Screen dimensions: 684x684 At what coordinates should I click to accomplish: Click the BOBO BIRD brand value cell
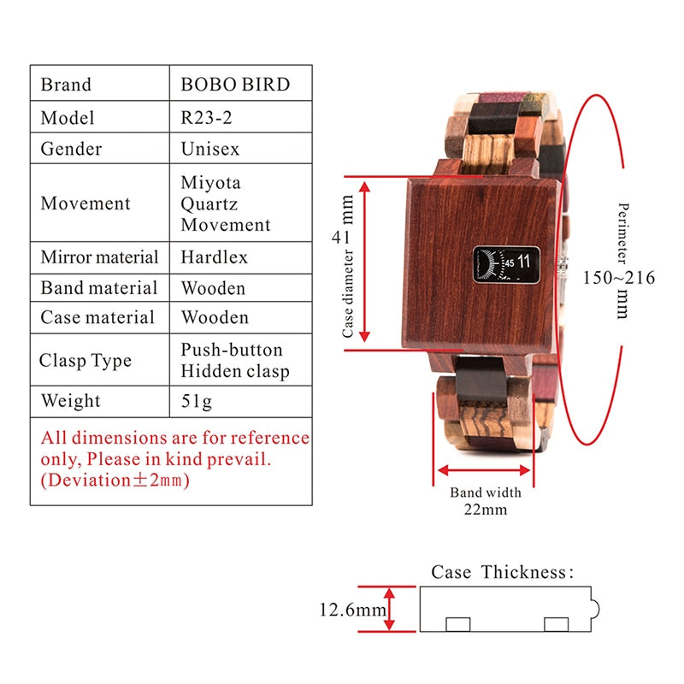point(235,85)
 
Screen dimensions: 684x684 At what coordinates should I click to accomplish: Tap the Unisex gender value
point(210,149)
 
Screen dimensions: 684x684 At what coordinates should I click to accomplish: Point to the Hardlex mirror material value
point(215,256)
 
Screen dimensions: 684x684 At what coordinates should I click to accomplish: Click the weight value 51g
point(198,401)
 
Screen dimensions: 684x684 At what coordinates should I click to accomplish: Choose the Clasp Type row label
point(85,360)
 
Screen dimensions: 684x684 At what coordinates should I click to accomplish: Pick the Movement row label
point(85,203)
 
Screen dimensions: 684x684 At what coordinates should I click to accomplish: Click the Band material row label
point(99,287)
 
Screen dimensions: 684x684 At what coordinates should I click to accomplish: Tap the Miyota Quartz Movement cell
point(225,203)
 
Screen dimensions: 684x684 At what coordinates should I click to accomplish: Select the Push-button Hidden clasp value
point(234,360)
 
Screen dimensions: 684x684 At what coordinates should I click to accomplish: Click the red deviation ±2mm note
point(115,480)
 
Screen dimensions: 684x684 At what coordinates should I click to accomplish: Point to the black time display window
point(507,263)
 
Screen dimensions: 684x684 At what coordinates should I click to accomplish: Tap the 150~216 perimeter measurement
point(619,278)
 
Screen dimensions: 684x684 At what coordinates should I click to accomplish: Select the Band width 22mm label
point(486,500)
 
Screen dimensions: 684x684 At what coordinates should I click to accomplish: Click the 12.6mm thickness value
point(352,610)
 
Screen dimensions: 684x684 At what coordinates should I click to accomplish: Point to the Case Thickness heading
point(503,572)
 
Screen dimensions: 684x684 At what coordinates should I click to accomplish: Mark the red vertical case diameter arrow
point(367,260)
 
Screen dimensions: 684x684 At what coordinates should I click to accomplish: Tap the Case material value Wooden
point(215,317)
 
